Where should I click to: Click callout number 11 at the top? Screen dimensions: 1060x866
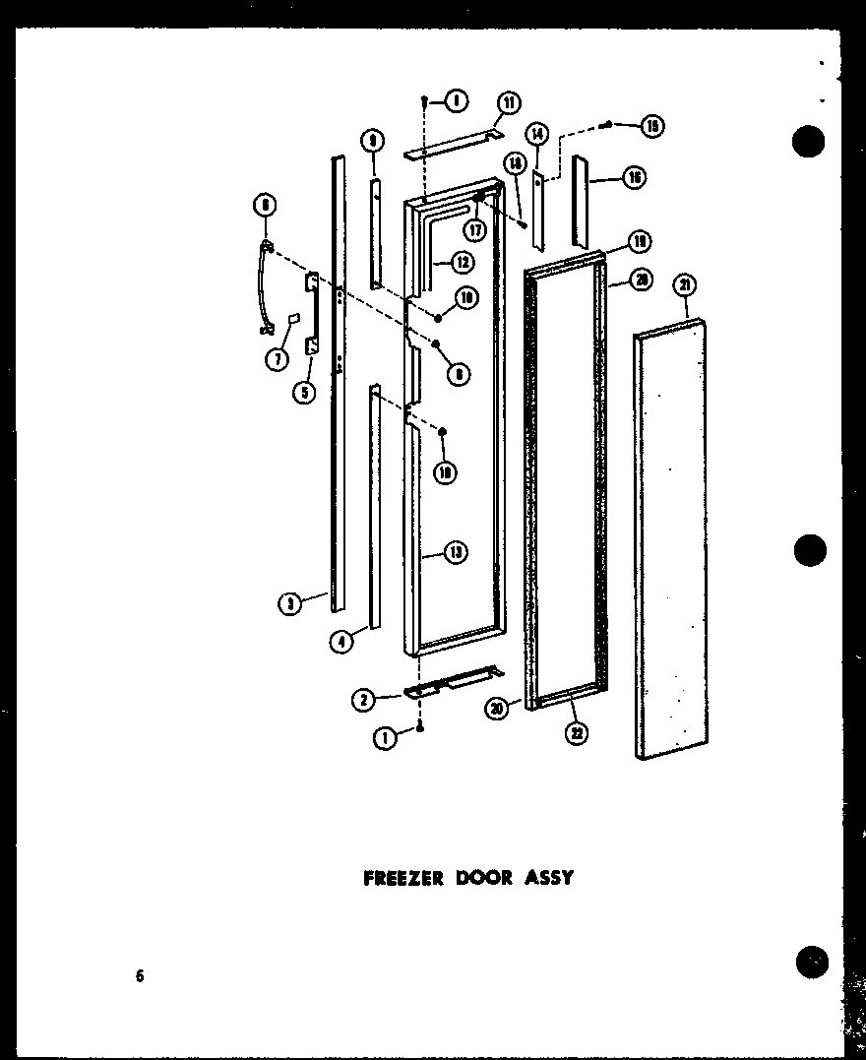[x=508, y=102]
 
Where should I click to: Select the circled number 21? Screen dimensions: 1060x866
[x=685, y=285]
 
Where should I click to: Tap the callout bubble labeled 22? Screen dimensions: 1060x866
[x=578, y=732]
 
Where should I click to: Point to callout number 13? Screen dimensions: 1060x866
[x=455, y=553]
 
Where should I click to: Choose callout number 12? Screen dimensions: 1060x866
[x=461, y=263]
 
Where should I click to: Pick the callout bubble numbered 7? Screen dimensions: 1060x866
[x=277, y=359]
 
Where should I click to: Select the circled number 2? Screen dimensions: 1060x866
[x=363, y=700]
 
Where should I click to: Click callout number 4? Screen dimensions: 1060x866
[x=340, y=641]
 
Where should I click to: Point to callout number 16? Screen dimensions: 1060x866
[x=634, y=177]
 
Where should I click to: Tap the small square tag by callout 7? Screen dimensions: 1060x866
[x=291, y=319]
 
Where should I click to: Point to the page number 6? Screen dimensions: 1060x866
[x=140, y=976]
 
